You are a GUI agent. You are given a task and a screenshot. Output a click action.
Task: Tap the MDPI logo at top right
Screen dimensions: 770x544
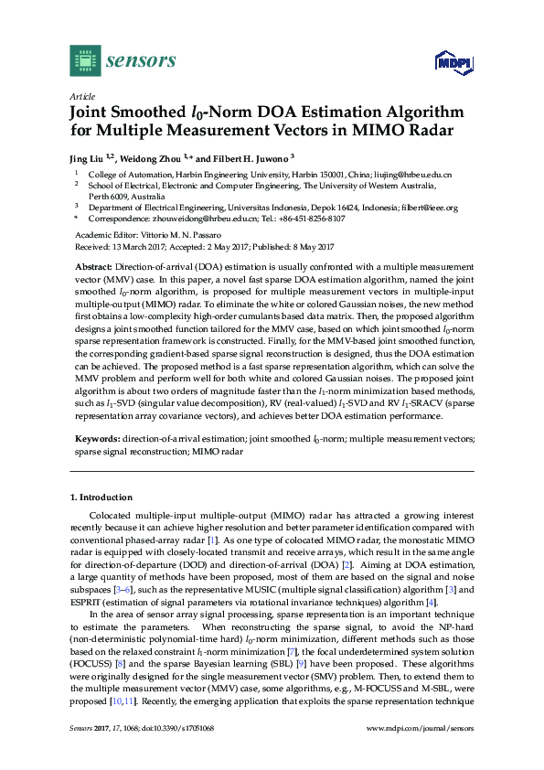click(x=452, y=62)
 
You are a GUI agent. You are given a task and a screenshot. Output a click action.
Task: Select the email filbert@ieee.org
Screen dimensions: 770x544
click(x=428, y=208)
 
